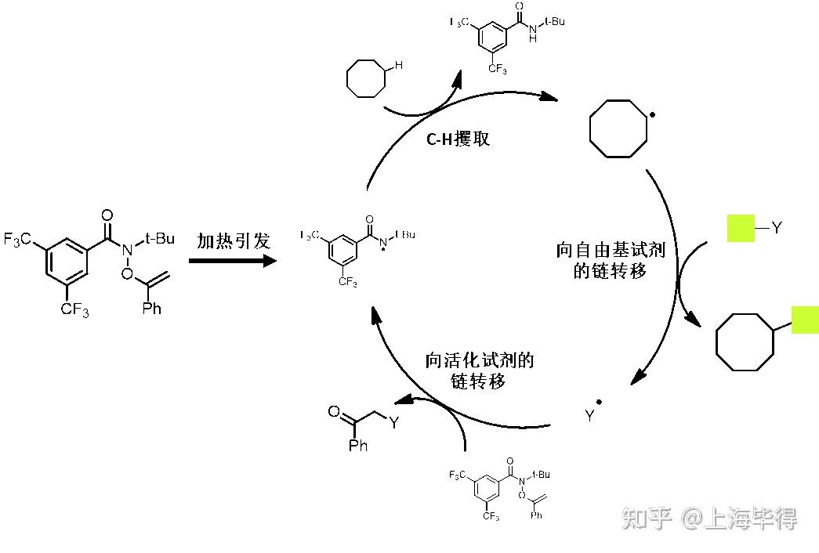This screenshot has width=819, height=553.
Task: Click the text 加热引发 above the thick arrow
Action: [x=233, y=240]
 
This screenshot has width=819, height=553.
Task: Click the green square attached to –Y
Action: [x=740, y=228]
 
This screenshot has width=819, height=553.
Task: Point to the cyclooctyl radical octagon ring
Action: [x=618, y=128]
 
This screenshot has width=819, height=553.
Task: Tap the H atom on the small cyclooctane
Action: [x=398, y=66]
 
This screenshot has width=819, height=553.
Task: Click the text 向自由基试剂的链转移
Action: [x=611, y=261]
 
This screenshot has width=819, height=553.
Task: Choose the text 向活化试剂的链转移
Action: [x=479, y=370]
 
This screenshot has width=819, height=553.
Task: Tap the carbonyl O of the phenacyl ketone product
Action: [x=334, y=410]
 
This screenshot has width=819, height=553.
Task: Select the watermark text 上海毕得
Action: [x=752, y=518]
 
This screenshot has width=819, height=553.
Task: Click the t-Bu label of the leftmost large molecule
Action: [x=160, y=238]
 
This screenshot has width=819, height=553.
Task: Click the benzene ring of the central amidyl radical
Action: [x=343, y=249]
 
